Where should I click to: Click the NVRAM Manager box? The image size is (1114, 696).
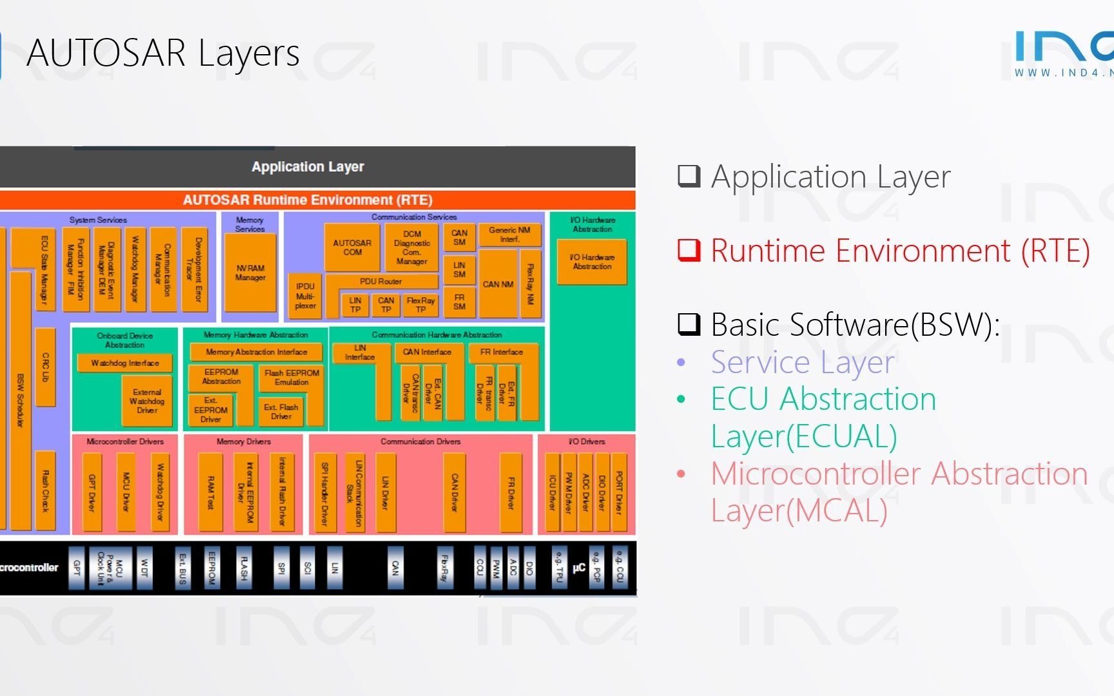click(x=250, y=273)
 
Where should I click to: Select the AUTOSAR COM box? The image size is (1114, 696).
click(x=352, y=247)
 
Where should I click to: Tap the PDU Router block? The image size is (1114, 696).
click(x=381, y=282)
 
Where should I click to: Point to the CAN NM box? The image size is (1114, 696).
click(x=498, y=284)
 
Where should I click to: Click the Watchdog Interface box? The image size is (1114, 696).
click(x=124, y=363)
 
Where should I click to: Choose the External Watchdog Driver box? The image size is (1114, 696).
click(x=147, y=401)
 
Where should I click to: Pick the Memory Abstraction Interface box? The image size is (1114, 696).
click(x=256, y=352)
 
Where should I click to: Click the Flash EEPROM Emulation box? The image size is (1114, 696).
click(x=291, y=378)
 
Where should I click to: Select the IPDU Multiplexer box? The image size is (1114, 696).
click(x=305, y=296)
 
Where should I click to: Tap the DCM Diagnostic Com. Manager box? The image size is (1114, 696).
click(x=412, y=247)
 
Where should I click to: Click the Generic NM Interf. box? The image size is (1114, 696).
click(x=509, y=235)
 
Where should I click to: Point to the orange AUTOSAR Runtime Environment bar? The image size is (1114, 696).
click(x=308, y=200)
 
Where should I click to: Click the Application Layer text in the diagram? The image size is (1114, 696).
click(x=308, y=167)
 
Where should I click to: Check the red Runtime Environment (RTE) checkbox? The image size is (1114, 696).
click(x=689, y=250)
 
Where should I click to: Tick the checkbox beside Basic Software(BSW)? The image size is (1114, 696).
click(x=689, y=324)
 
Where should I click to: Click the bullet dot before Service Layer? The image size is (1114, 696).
click(x=681, y=363)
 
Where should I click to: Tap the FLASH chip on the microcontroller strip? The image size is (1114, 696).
click(x=244, y=568)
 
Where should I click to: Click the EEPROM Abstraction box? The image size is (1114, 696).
click(x=221, y=377)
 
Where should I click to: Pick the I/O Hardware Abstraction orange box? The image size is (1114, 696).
click(x=592, y=262)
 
